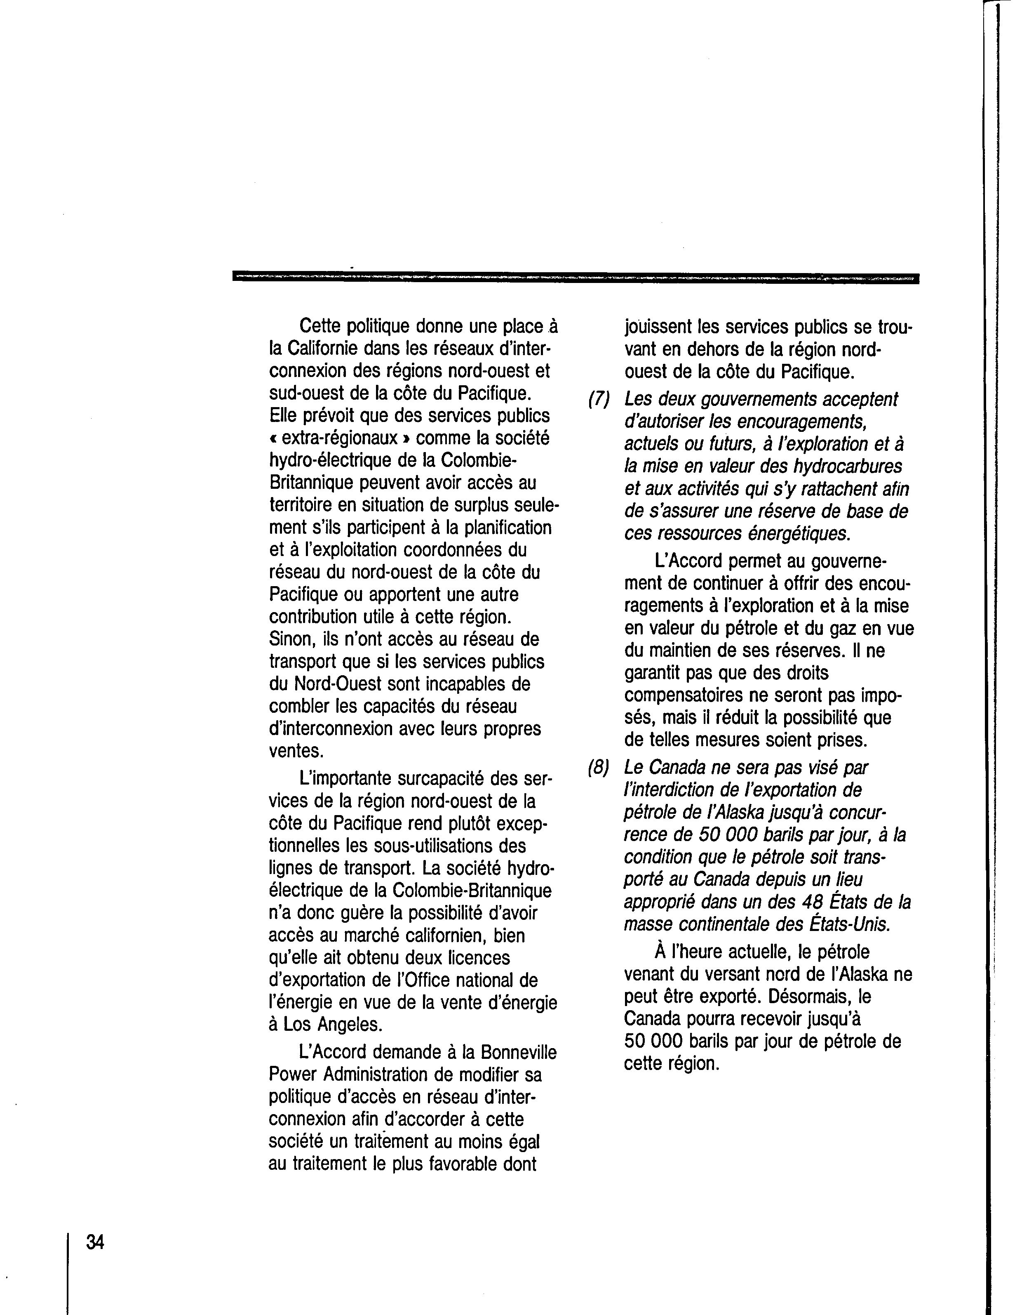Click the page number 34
(95, 1242)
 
